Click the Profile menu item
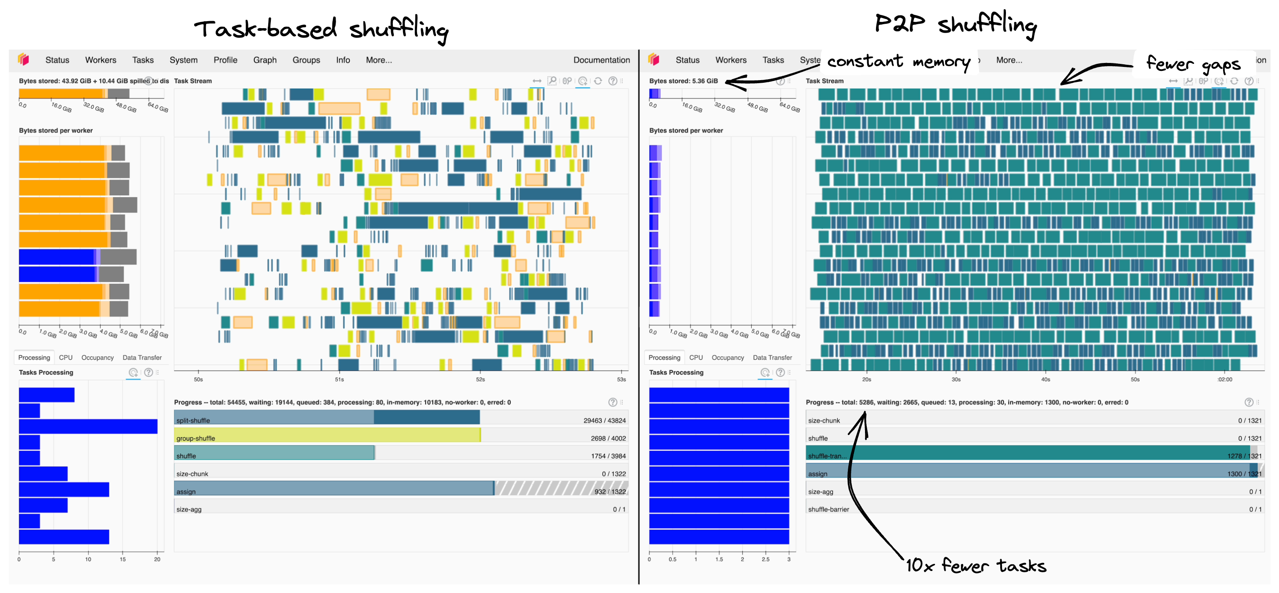(225, 60)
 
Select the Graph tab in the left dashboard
(265, 60)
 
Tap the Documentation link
(601, 60)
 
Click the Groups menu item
(306, 60)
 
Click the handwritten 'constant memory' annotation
(898, 62)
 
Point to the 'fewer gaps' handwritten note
(1193, 64)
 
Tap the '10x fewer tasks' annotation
(976, 565)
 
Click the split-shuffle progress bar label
(193, 420)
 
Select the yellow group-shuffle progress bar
(328, 436)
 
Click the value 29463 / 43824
(604, 420)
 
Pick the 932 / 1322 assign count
(610, 492)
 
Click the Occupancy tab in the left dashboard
(97, 357)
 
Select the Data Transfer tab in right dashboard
(772, 357)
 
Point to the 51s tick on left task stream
(339, 379)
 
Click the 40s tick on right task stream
(1046, 379)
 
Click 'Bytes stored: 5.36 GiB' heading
(683, 81)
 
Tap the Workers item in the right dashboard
(730, 60)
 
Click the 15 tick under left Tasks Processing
(122, 559)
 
